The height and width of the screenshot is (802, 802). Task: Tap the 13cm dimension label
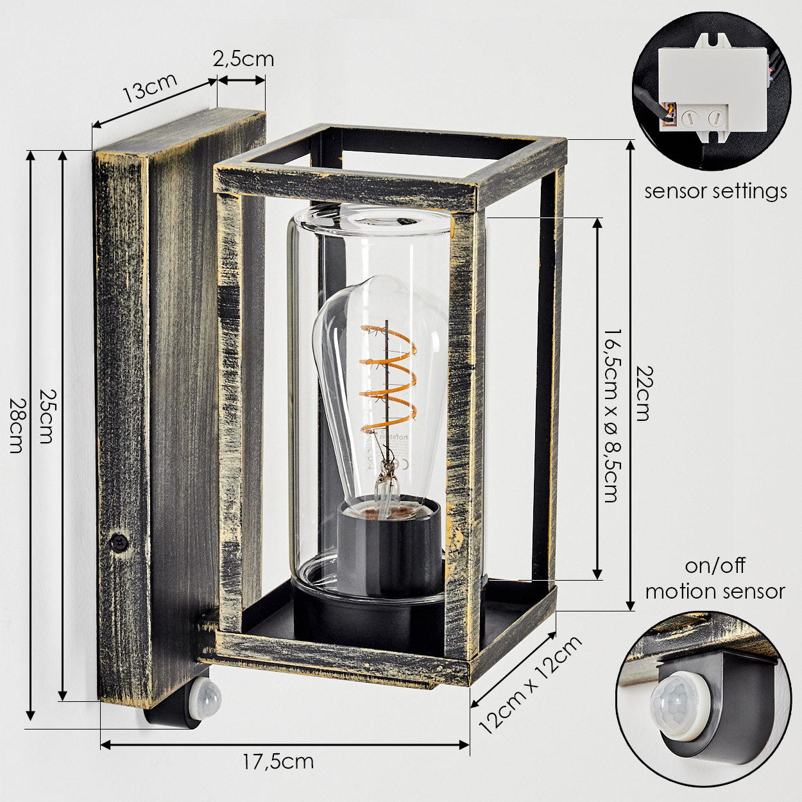coord(150,89)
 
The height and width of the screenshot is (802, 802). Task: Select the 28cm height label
coord(16,425)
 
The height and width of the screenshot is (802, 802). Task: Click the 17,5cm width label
coord(278,762)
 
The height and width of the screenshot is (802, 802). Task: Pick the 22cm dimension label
coord(643,393)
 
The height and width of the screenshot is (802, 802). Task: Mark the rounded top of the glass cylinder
coord(369,220)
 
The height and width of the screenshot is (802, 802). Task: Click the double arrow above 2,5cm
coord(241,80)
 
